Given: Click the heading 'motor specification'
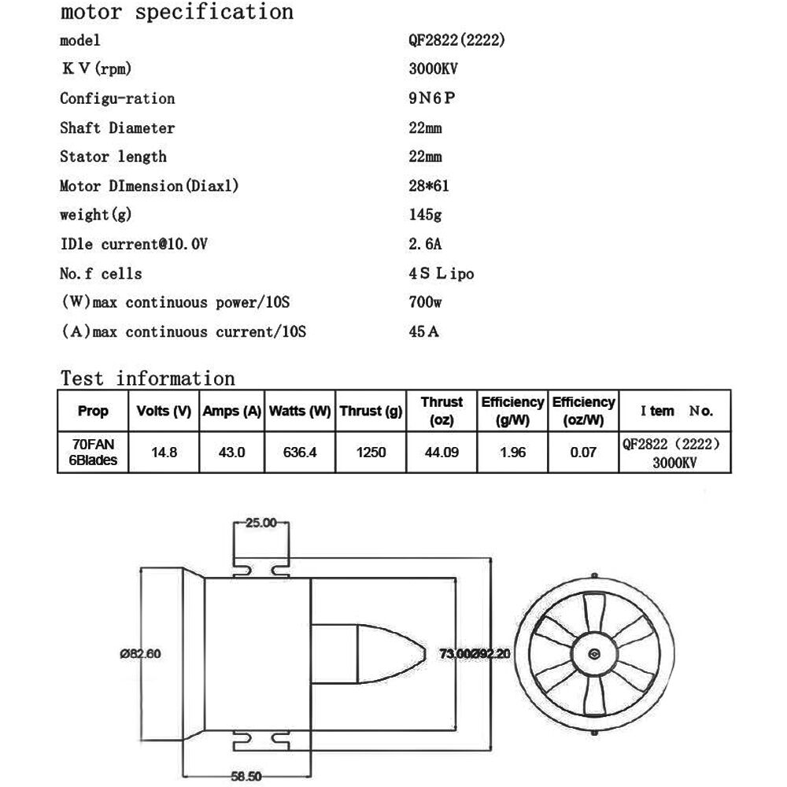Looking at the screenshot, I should click(x=176, y=13).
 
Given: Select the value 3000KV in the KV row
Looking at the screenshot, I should click(x=433, y=68).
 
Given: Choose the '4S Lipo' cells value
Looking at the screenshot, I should click(x=436, y=273).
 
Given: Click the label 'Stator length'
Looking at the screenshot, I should click(x=113, y=157).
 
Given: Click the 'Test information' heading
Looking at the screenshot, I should click(x=148, y=379).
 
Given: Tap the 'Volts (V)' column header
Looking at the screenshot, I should click(x=164, y=411).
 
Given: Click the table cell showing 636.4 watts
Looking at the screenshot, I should click(x=300, y=453).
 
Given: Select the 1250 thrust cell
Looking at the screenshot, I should click(x=371, y=453).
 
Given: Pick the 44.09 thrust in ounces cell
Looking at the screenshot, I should click(x=442, y=453).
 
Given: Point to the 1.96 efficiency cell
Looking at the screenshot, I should click(x=512, y=453).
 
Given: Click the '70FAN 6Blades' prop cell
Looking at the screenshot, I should click(x=94, y=453).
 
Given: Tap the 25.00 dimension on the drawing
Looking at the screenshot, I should click(x=261, y=523).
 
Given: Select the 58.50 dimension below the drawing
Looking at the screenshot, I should click(x=247, y=776).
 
